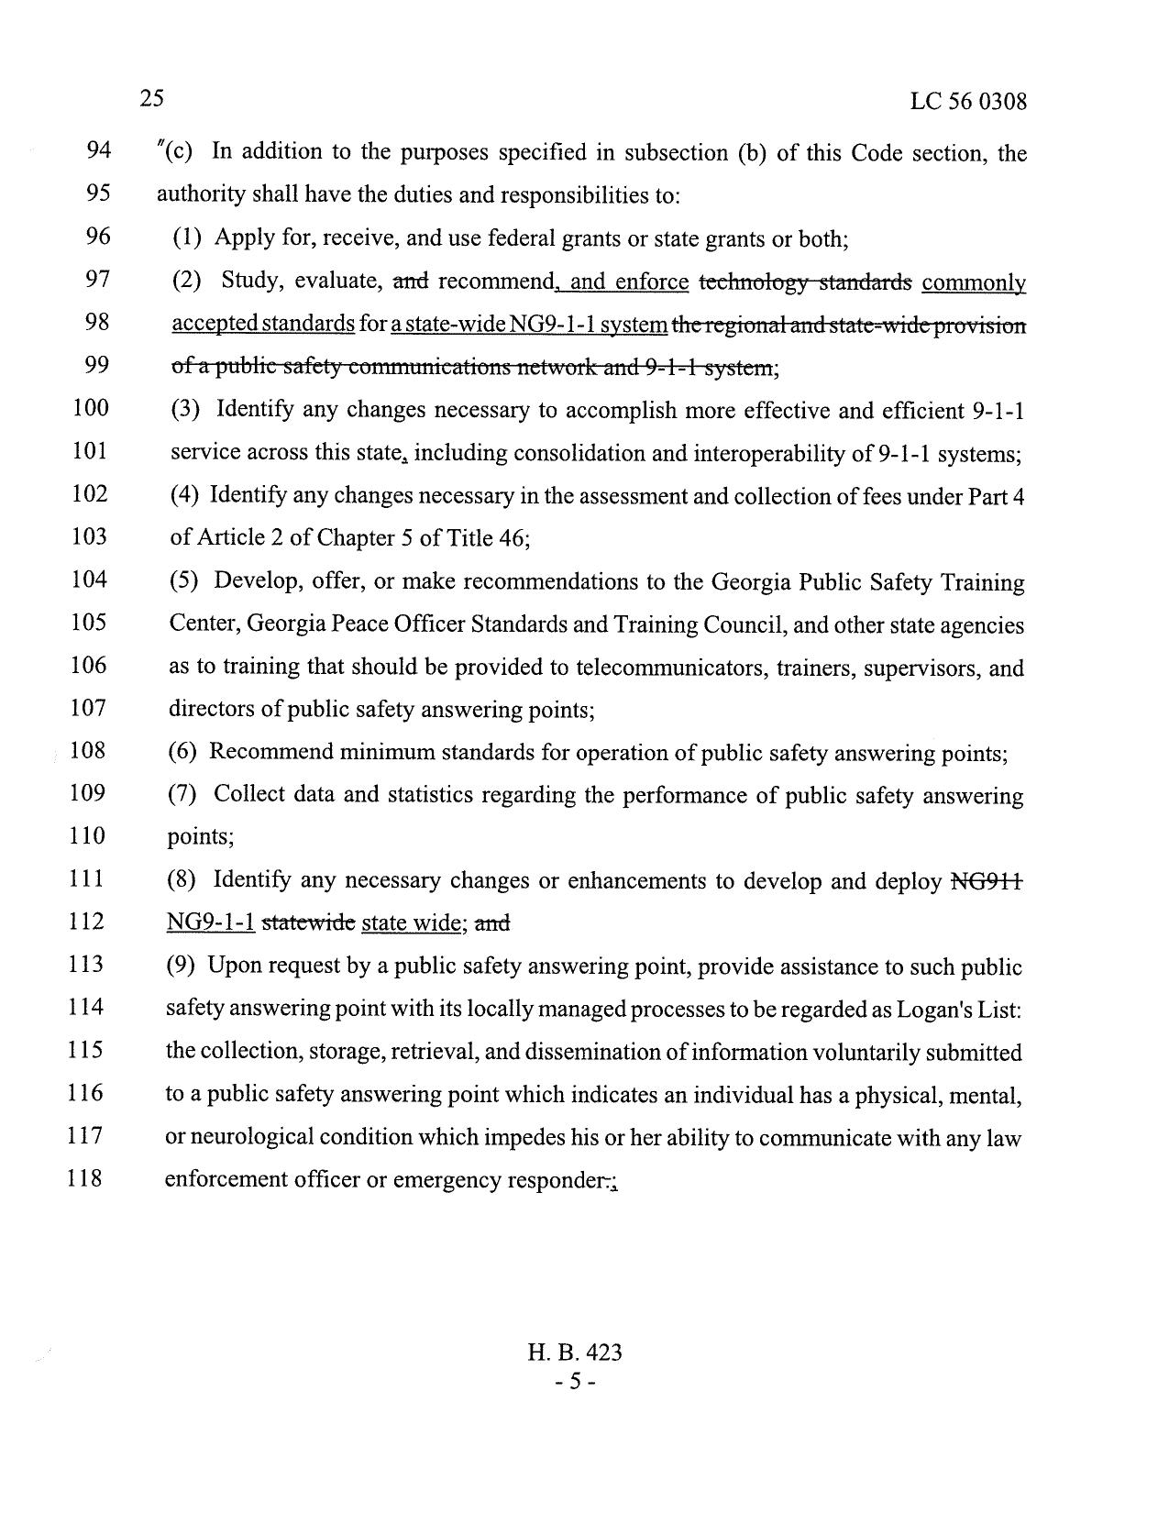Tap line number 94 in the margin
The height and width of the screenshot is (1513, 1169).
click(x=98, y=150)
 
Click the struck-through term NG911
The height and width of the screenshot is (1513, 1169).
click(x=987, y=881)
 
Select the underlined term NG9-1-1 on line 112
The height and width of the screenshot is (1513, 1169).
click(x=211, y=922)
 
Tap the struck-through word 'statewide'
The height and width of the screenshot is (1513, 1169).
click(x=308, y=922)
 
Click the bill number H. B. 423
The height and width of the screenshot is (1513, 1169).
click(x=575, y=1353)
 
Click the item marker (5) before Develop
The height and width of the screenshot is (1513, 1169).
click(x=184, y=581)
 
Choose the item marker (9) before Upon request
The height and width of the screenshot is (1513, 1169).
click(x=182, y=966)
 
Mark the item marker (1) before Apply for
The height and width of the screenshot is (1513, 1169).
click(x=187, y=238)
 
